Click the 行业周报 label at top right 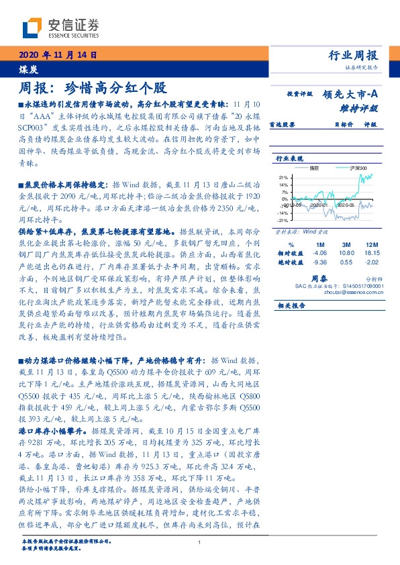pyautogui.click(x=354, y=56)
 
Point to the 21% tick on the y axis pyautogui.click(x=284, y=177)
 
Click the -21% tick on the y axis pyautogui.click(x=283, y=220)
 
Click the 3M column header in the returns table pyautogui.click(x=346, y=244)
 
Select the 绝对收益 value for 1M pyautogui.click(x=319, y=262)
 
